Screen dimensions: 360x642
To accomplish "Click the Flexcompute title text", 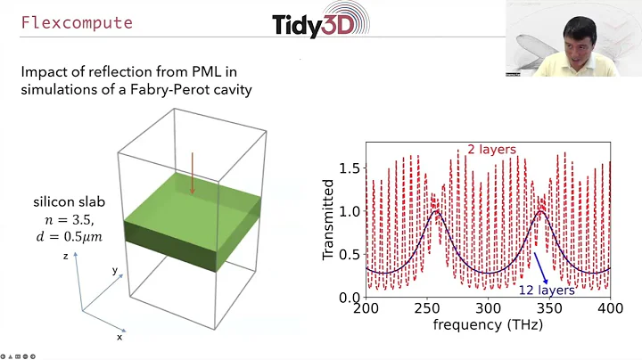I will click(x=77, y=22).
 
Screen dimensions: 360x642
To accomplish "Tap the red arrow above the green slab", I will click(x=192, y=173).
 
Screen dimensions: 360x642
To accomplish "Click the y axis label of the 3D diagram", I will click(x=114, y=269).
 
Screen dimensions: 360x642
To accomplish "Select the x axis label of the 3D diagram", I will click(x=119, y=337).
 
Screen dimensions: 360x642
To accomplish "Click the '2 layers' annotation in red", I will click(x=491, y=150).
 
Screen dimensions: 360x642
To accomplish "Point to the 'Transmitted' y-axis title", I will click(x=328, y=218).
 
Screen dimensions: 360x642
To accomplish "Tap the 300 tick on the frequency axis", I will click(x=488, y=307).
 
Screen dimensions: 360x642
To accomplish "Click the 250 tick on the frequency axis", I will click(x=427, y=307).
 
